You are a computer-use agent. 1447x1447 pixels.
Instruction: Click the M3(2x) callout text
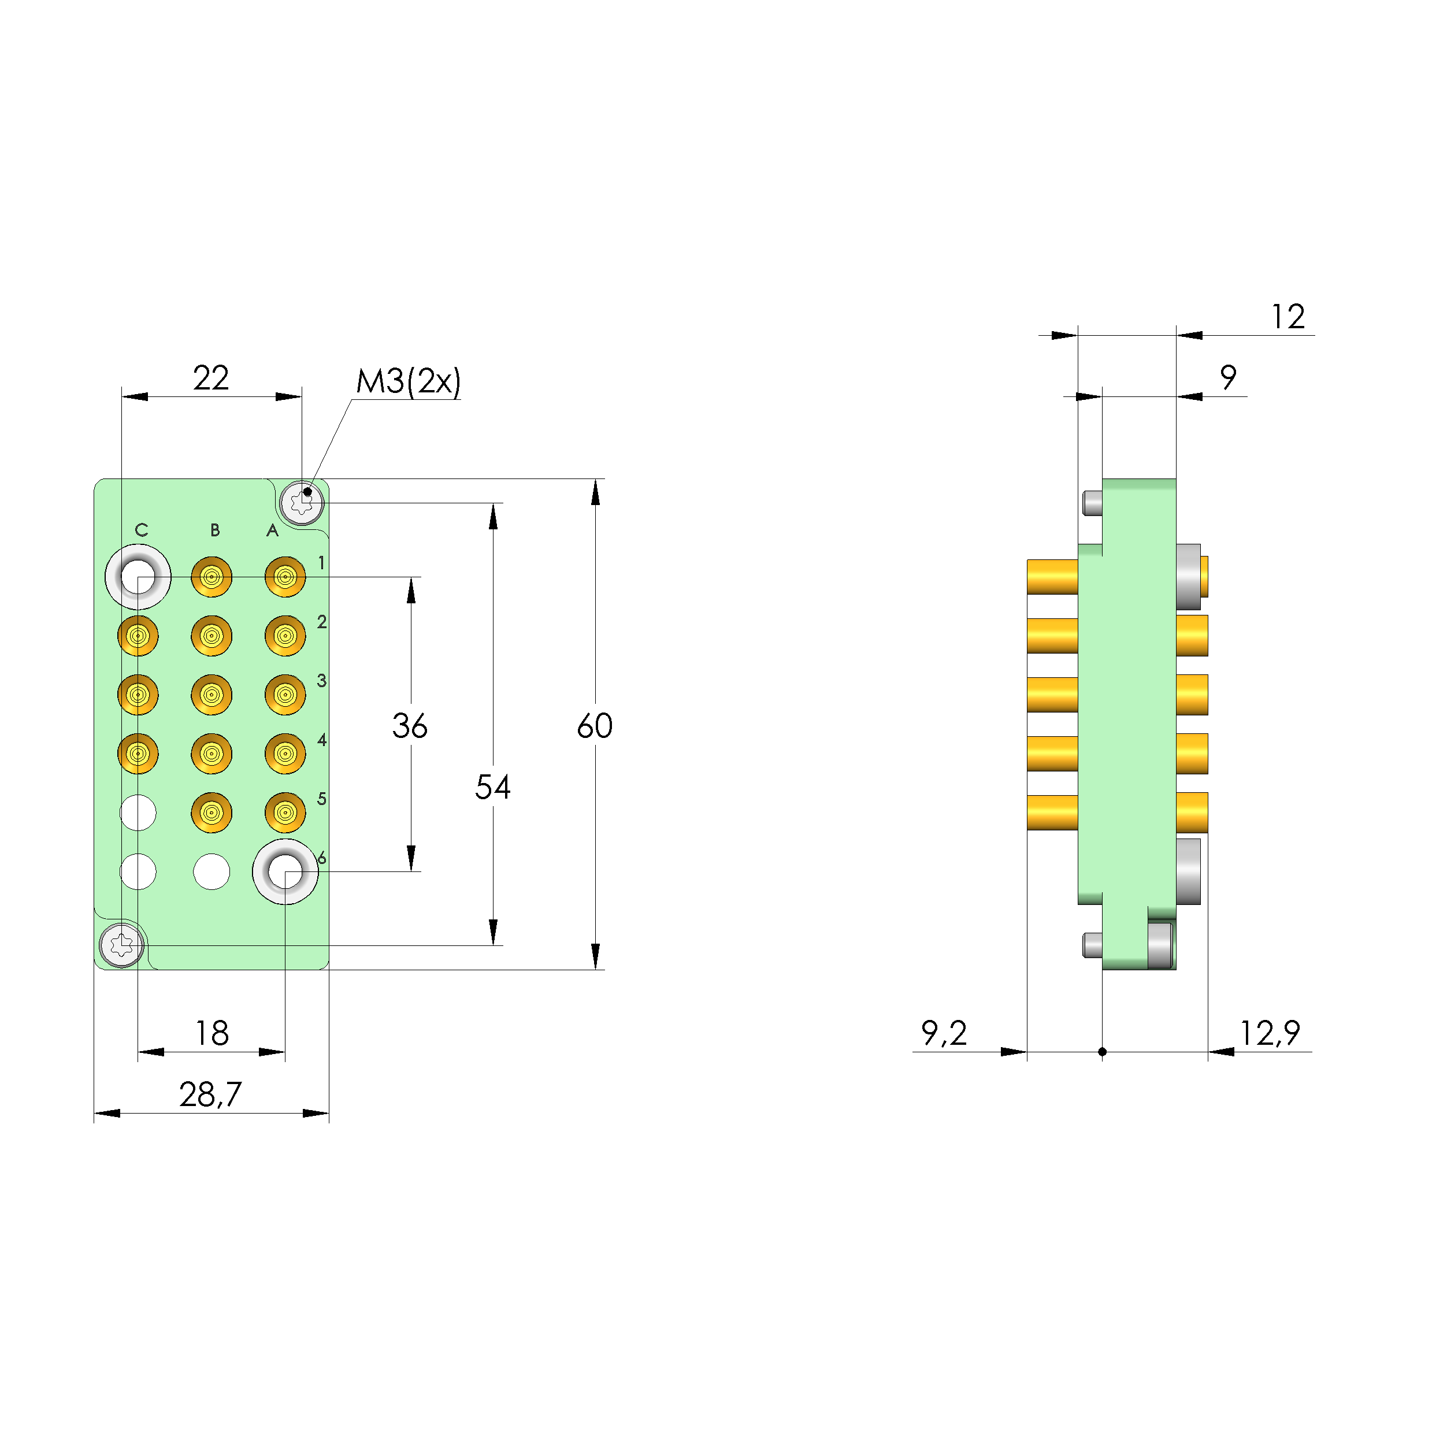[408, 381]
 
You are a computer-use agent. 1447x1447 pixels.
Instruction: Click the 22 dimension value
[210, 379]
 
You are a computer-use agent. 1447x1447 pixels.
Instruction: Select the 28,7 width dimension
[210, 1094]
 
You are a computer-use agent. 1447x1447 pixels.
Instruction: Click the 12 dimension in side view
[1288, 317]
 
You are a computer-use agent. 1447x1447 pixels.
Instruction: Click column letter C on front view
[142, 530]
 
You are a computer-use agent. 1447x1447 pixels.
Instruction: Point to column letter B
[215, 530]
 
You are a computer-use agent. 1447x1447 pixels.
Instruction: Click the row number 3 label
[321, 681]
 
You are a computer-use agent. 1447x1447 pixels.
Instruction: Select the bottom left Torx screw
[121, 945]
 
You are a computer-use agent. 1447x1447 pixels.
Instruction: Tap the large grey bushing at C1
[138, 577]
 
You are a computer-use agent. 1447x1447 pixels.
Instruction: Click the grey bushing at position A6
[285, 871]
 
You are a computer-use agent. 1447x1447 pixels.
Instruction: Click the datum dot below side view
[1102, 1052]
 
